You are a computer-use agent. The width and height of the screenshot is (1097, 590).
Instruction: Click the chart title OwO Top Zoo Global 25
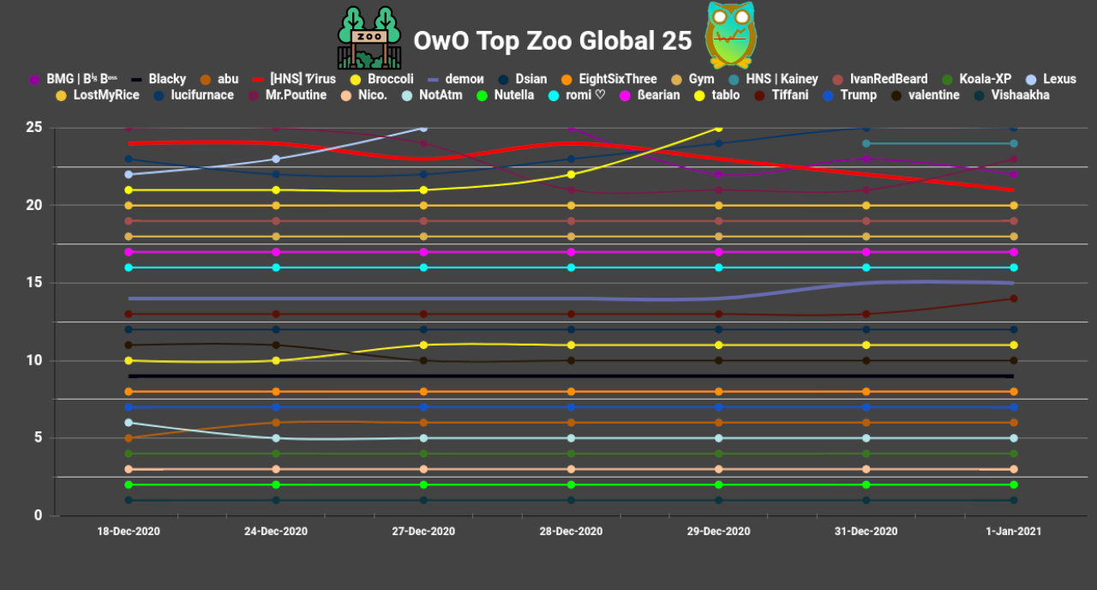(x=553, y=40)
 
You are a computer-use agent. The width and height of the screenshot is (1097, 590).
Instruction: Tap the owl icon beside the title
(x=730, y=35)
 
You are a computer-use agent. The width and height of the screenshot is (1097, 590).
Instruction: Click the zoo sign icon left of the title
(x=369, y=39)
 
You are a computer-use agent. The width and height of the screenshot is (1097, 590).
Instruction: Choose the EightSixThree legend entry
(x=608, y=79)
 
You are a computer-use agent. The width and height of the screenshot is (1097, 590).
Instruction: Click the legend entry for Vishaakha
(x=1011, y=95)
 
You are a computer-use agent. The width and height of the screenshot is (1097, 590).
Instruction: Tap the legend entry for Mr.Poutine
(x=287, y=95)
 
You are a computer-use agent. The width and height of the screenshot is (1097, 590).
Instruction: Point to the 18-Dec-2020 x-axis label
(x=129, y=532)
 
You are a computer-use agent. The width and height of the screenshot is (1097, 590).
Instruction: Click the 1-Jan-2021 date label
(x=1014, y=532)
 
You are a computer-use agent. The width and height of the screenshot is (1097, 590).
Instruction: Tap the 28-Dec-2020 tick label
(x=571, y=532)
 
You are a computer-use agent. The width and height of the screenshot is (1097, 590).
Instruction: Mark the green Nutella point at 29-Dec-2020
(x=719, y=485)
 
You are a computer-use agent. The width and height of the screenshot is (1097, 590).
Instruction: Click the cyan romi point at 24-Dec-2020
(x=276, y=268)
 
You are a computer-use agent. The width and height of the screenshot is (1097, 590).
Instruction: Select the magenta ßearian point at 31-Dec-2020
(x=866, y=252)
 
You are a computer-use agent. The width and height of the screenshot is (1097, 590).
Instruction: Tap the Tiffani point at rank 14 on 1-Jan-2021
(x=1014, y=298)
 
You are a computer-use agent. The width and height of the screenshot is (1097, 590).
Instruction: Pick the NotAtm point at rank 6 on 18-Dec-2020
(x=129, y=423)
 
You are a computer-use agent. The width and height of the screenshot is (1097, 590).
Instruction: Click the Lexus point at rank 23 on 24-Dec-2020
(x=276, y=159)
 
